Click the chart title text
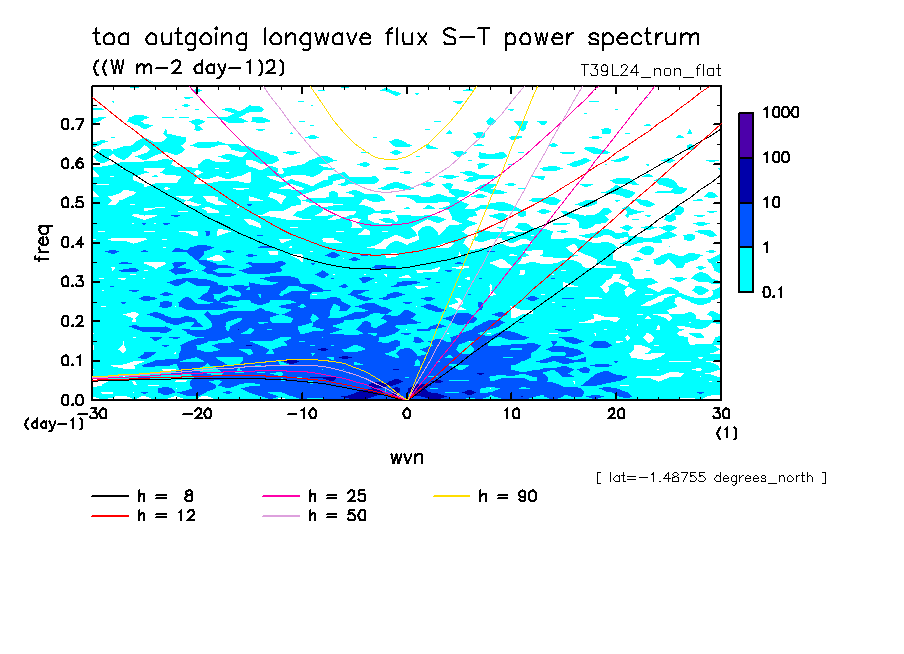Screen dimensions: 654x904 tap(396, 38)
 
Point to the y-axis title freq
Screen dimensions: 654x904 tap(43, 243)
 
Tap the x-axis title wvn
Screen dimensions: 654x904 tap(406, 457)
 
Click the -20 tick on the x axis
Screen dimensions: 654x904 tap(197, 414)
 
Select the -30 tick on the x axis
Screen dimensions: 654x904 tap(92, 414)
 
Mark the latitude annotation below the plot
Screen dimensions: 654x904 tap(710, 478)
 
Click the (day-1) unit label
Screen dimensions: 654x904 tap(54, 424)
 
